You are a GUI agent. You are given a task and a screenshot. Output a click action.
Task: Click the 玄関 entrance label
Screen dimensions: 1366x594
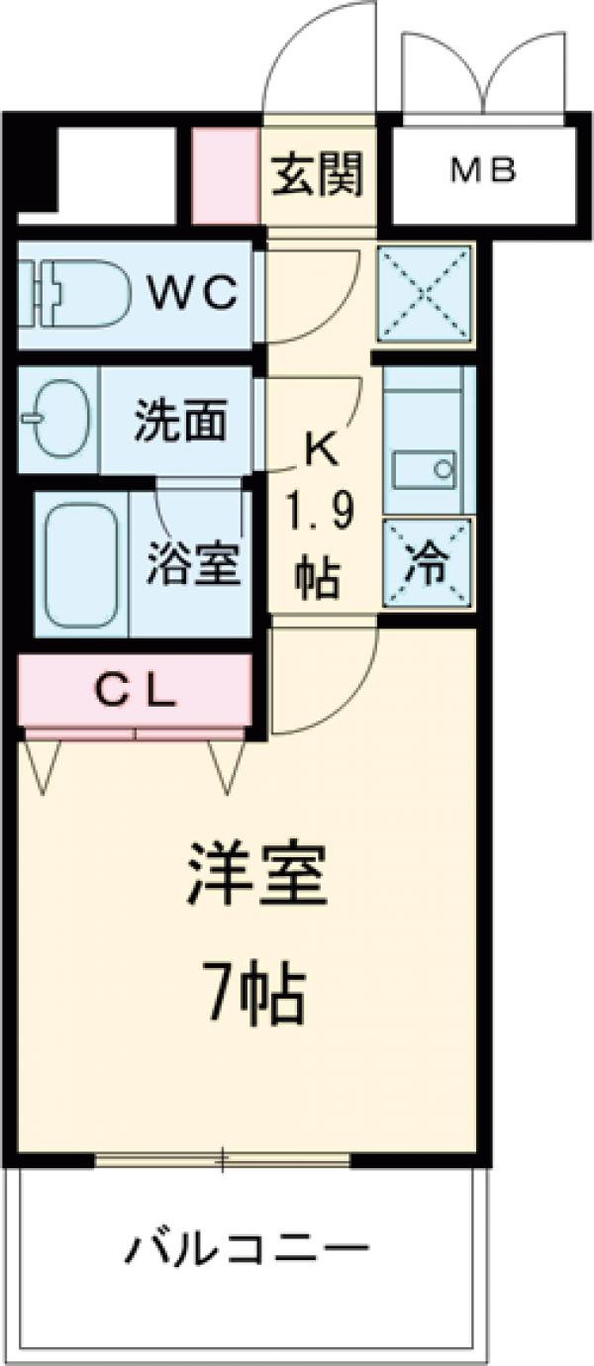coord(319,175)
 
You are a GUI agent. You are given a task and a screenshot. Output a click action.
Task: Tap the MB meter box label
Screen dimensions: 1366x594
coord(484,172)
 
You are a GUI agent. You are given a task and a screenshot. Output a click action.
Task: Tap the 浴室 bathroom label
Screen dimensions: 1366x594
coord(194,563)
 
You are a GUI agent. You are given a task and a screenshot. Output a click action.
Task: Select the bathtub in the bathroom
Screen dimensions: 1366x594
coord(81,563)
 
